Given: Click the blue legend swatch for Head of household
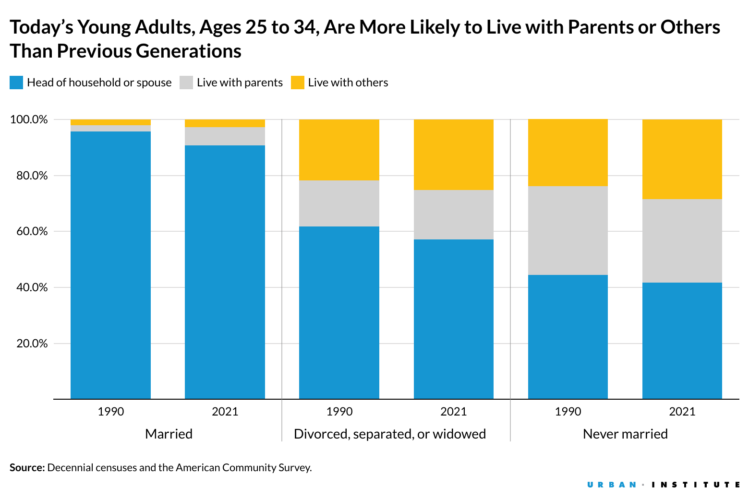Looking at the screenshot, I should point(16,83).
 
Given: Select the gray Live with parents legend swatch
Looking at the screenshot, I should point(186,83).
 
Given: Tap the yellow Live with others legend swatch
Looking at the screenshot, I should point(298,83).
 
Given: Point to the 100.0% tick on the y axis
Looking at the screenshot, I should point(29,119).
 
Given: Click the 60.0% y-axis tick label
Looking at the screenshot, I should point(29,231).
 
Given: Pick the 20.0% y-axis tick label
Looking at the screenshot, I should point(29,344).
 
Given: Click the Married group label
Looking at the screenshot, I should point(169,434).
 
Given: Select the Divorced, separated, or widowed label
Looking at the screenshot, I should point(390,434).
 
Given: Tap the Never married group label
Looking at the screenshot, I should point(625,434).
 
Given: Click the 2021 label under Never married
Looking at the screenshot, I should point(682,411).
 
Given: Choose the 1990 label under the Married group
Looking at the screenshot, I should point(110,411).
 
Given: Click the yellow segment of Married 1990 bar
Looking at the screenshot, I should point(110,122).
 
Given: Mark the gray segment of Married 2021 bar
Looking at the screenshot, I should point(225,136).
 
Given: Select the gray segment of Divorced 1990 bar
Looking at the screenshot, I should point(339,203).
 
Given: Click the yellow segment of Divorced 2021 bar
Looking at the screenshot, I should point(453,154).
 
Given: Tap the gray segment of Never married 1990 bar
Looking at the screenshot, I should point(568,230).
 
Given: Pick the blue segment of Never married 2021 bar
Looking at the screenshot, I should point(682,341).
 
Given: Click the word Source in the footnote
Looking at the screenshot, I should point(27,467).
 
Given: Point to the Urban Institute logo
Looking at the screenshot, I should point(664,485).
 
